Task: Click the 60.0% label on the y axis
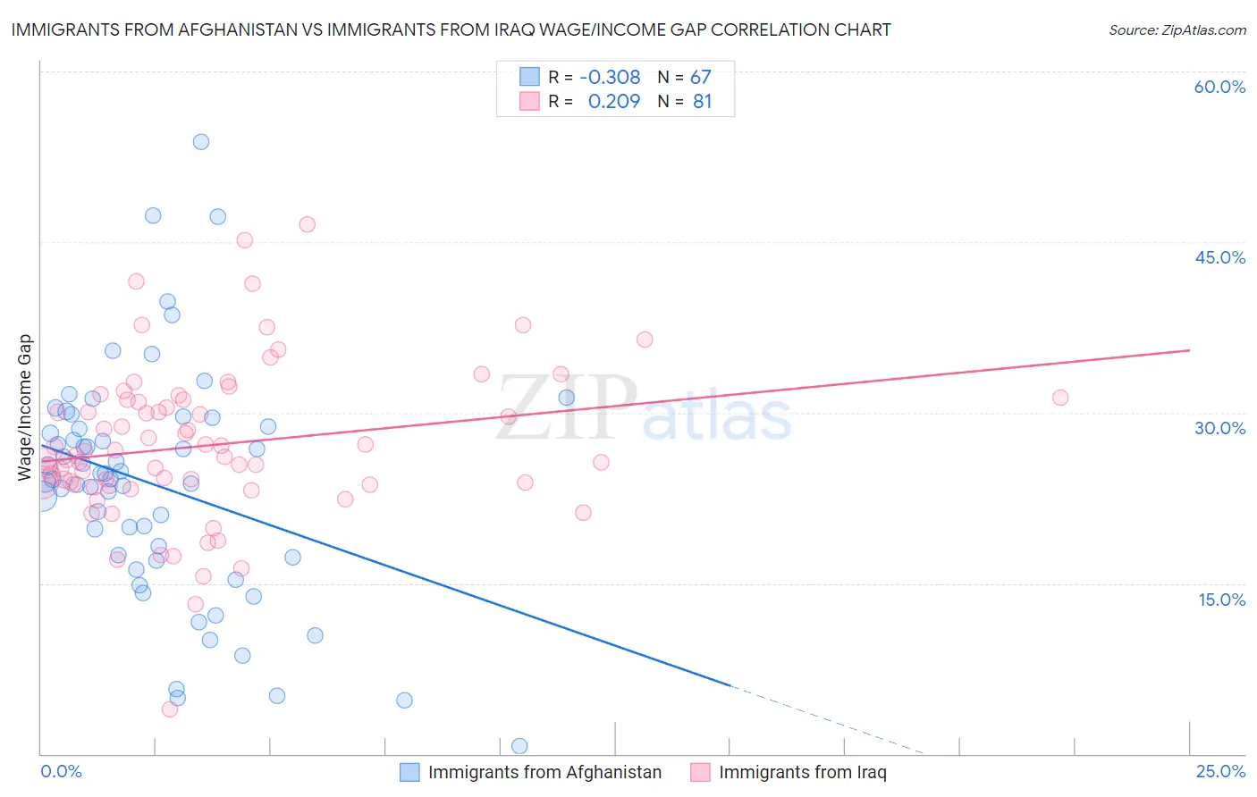1219,87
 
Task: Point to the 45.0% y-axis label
1219,257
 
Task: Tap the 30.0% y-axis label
1219,428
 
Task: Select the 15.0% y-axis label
1221,600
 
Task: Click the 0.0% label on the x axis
61,771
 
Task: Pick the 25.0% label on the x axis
1220,771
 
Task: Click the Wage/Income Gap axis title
25,407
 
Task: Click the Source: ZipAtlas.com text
1177,29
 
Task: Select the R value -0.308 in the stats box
610,77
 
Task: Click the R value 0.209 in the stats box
614,102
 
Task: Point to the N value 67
700,77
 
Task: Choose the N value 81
702,102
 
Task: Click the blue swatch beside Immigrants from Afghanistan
409,772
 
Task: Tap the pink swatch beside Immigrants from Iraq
700,772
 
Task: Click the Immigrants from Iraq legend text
802,772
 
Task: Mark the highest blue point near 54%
201,142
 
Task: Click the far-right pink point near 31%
1060,398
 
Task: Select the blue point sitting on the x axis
519,746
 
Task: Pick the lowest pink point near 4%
170,709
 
